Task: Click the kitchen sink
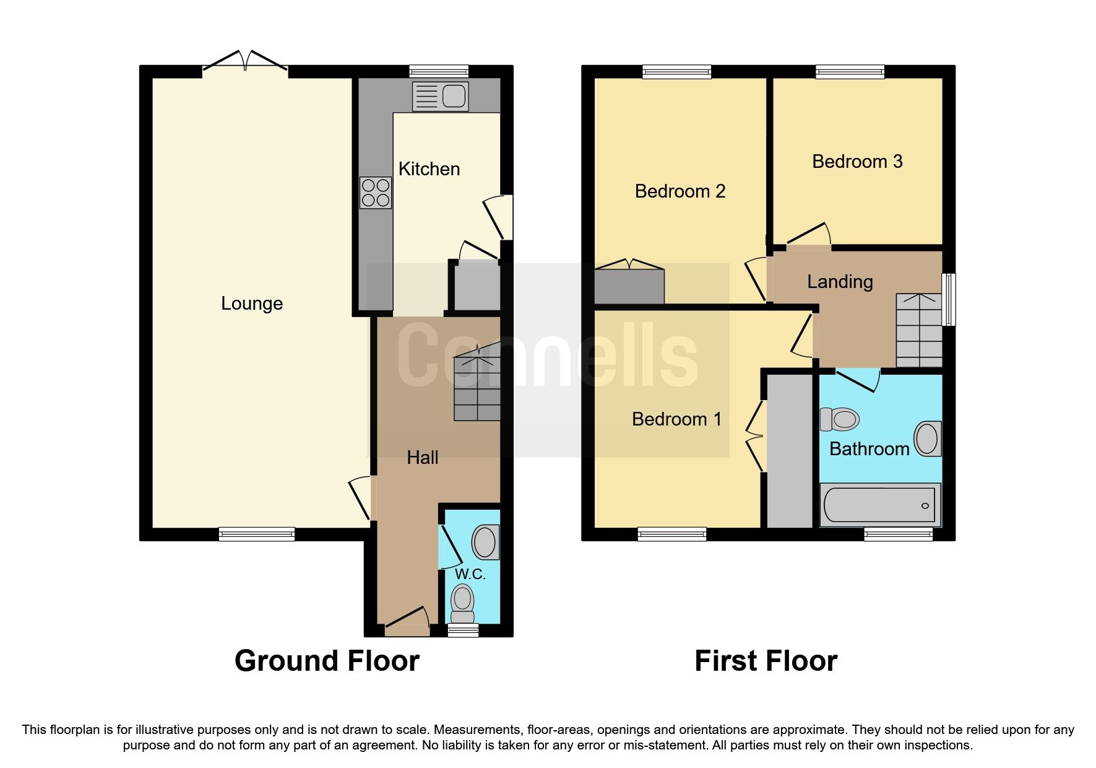(x=440, y=97)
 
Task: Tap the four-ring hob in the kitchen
(x=376, y=193)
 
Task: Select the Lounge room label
(x=252, y=303)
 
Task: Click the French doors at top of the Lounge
(x=245, y=61)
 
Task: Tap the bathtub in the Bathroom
(x=880, y=505)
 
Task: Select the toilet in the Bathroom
(x=840, y=419)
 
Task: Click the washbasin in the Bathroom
(x=928, y=439)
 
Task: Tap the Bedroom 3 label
(x=857, y=162)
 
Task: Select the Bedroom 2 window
(x=676, y=72)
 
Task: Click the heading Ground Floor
(x=327, y=661)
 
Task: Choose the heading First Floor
(x=766, y=661)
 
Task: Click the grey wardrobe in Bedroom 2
(x=629, y=286)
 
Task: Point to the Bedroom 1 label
(x=676, y=419)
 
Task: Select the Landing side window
(x=948, y=300)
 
